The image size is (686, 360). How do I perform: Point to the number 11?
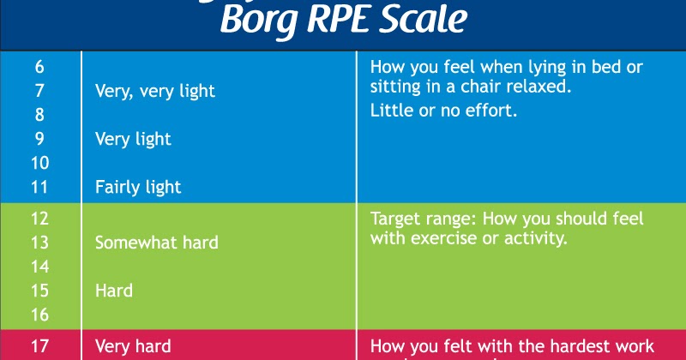tap(39, 186)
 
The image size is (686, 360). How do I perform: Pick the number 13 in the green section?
tap(39, 243)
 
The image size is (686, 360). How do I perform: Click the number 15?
tap(39, 291)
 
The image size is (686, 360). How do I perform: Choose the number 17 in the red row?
tap(39, 347)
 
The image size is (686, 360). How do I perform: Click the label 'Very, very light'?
tap(155, 90)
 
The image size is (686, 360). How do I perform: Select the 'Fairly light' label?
tap(138, 186)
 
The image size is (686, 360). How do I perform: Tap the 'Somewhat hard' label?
tap(156, 243)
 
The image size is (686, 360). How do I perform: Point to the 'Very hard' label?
tap(133, 347)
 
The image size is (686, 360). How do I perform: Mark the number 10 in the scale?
tap(39, 162)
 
